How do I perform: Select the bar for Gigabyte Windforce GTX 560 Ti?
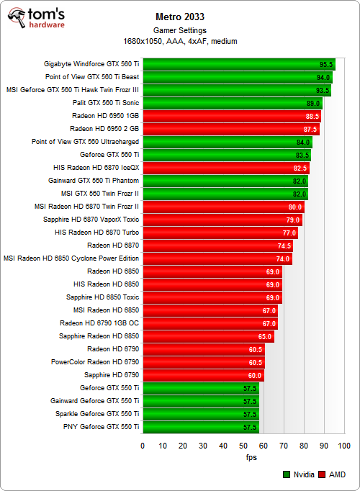pos(238,64)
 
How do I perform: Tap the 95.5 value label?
pos(326,64)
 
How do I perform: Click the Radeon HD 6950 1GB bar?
pos(230,116)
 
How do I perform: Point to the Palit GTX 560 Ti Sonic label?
pos(103,103)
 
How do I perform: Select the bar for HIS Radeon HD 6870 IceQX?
pos(223,168)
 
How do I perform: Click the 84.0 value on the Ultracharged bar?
pos(303,142)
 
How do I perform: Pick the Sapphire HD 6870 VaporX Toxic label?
pos(91,220)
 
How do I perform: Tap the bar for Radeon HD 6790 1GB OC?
pos(209,323)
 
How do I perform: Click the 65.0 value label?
pos(265,336)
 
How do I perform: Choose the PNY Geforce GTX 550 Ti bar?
pos(200,427)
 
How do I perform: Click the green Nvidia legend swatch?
pos(286,474)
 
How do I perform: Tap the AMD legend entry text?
pos(338,474)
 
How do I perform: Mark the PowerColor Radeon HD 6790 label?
pos(95,362)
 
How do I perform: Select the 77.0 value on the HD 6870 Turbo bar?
pos(289,233)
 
